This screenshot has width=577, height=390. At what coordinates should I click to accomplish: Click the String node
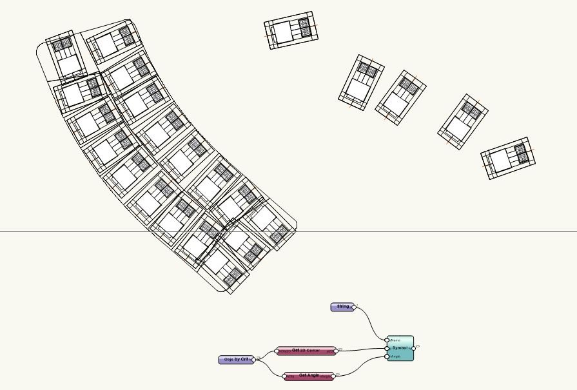point(342,307)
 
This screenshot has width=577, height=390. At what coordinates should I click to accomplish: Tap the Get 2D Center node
point(306,351)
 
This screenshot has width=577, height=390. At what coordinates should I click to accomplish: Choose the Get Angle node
point(309,376)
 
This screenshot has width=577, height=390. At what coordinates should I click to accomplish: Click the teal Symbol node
point(401,348)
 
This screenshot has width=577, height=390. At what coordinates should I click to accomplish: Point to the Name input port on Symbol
point(388,340)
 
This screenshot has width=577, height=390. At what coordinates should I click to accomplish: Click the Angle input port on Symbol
point(388,356)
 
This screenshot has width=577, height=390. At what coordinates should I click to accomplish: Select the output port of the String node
point(353,307)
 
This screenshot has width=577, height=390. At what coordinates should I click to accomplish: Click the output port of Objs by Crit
point(253,360)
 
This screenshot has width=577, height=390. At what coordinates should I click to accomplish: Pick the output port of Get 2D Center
point(336,351)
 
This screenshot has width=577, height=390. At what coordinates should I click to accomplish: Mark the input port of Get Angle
point(286,376)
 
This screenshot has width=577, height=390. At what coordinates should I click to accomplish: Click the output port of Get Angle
point(333,376)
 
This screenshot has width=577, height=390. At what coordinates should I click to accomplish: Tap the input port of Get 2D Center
point(277,351)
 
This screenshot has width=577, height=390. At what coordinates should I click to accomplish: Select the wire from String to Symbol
point(371,322)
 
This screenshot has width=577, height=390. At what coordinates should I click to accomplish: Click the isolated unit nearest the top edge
point(292,30)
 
